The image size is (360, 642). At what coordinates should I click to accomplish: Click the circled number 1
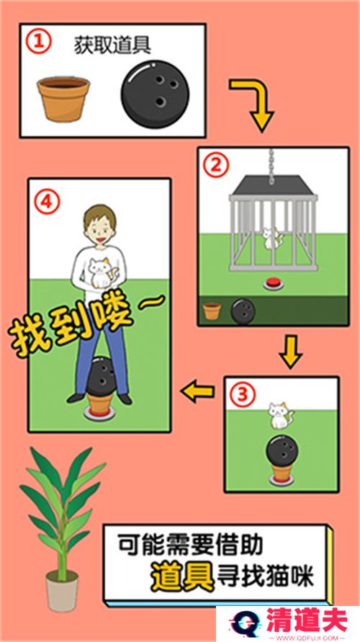(x=39, y=43)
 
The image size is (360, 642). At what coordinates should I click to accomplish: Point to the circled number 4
(x=47, y=202)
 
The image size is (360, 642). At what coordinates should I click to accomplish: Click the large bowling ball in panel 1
(x=155, y=94)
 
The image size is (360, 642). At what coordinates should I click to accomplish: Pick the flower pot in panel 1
(x=63, y=99)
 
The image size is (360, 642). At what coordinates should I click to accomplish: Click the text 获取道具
(x=112, y=45)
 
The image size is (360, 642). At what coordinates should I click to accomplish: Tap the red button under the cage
(x=274, y=283)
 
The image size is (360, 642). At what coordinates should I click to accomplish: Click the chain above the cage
(x=271, y=166)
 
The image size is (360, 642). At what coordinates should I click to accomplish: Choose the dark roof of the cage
(x=274, y=185)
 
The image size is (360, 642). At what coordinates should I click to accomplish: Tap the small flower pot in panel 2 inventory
(x=212, y=311)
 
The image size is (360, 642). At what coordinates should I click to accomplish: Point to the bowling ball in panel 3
(x=282, y=451)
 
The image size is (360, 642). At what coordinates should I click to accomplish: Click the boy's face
(x=100, y=230)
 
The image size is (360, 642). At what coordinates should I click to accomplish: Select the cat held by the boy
(x=100, y=272)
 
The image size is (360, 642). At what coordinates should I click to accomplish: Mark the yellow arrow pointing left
(x=198, y=391)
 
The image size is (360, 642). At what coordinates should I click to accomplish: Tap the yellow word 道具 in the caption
(x=182, y=577)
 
